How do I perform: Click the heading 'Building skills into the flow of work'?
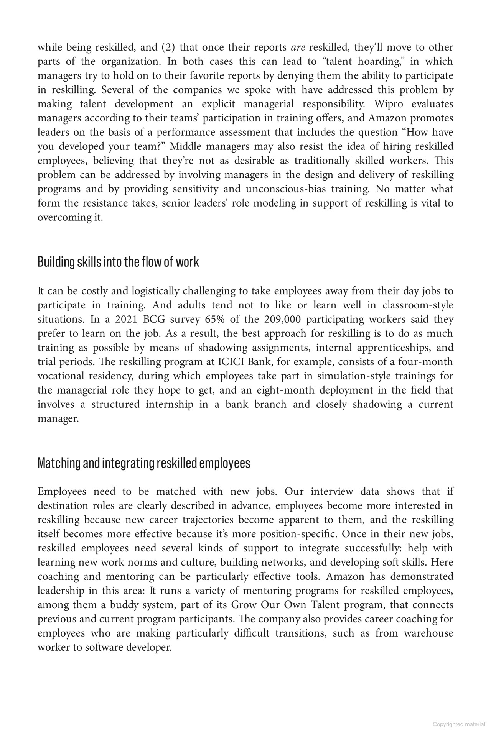click(x=118, y=262)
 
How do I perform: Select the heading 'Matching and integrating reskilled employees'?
click(x=144, y=463)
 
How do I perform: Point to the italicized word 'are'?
click(x=298, y=48)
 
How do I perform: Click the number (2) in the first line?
click(x=168, y=48)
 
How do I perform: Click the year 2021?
click(x=126, y=320)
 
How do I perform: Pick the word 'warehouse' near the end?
click(x=428, y=633)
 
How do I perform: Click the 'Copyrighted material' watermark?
click(x=459, y=724)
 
